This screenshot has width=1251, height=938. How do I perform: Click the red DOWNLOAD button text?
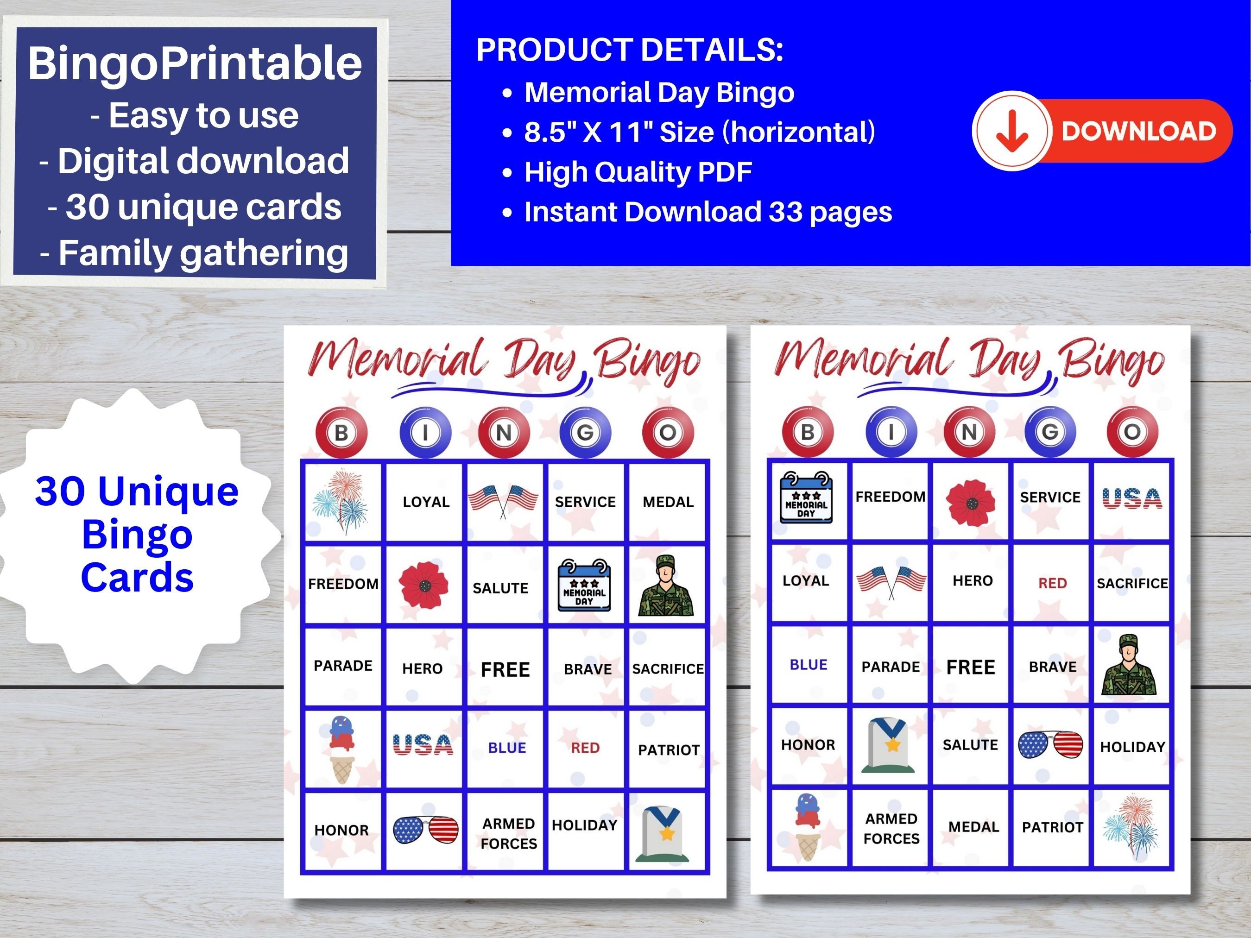1138,131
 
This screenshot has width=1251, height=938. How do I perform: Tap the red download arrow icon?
1012,131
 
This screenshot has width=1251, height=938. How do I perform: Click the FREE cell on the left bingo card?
505,669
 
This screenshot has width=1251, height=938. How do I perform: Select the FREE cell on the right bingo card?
971,667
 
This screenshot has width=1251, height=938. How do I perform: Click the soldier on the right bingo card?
1129,666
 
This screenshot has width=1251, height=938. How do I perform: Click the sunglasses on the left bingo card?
425,830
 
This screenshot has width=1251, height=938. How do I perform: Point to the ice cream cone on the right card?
808,827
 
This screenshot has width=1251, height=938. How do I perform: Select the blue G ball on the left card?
585,433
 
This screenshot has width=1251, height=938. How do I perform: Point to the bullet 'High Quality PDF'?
638,172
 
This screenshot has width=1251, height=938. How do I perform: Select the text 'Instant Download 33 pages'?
708,212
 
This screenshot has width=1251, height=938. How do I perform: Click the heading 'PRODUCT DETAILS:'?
630,50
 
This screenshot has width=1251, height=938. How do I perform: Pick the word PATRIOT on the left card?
669,750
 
